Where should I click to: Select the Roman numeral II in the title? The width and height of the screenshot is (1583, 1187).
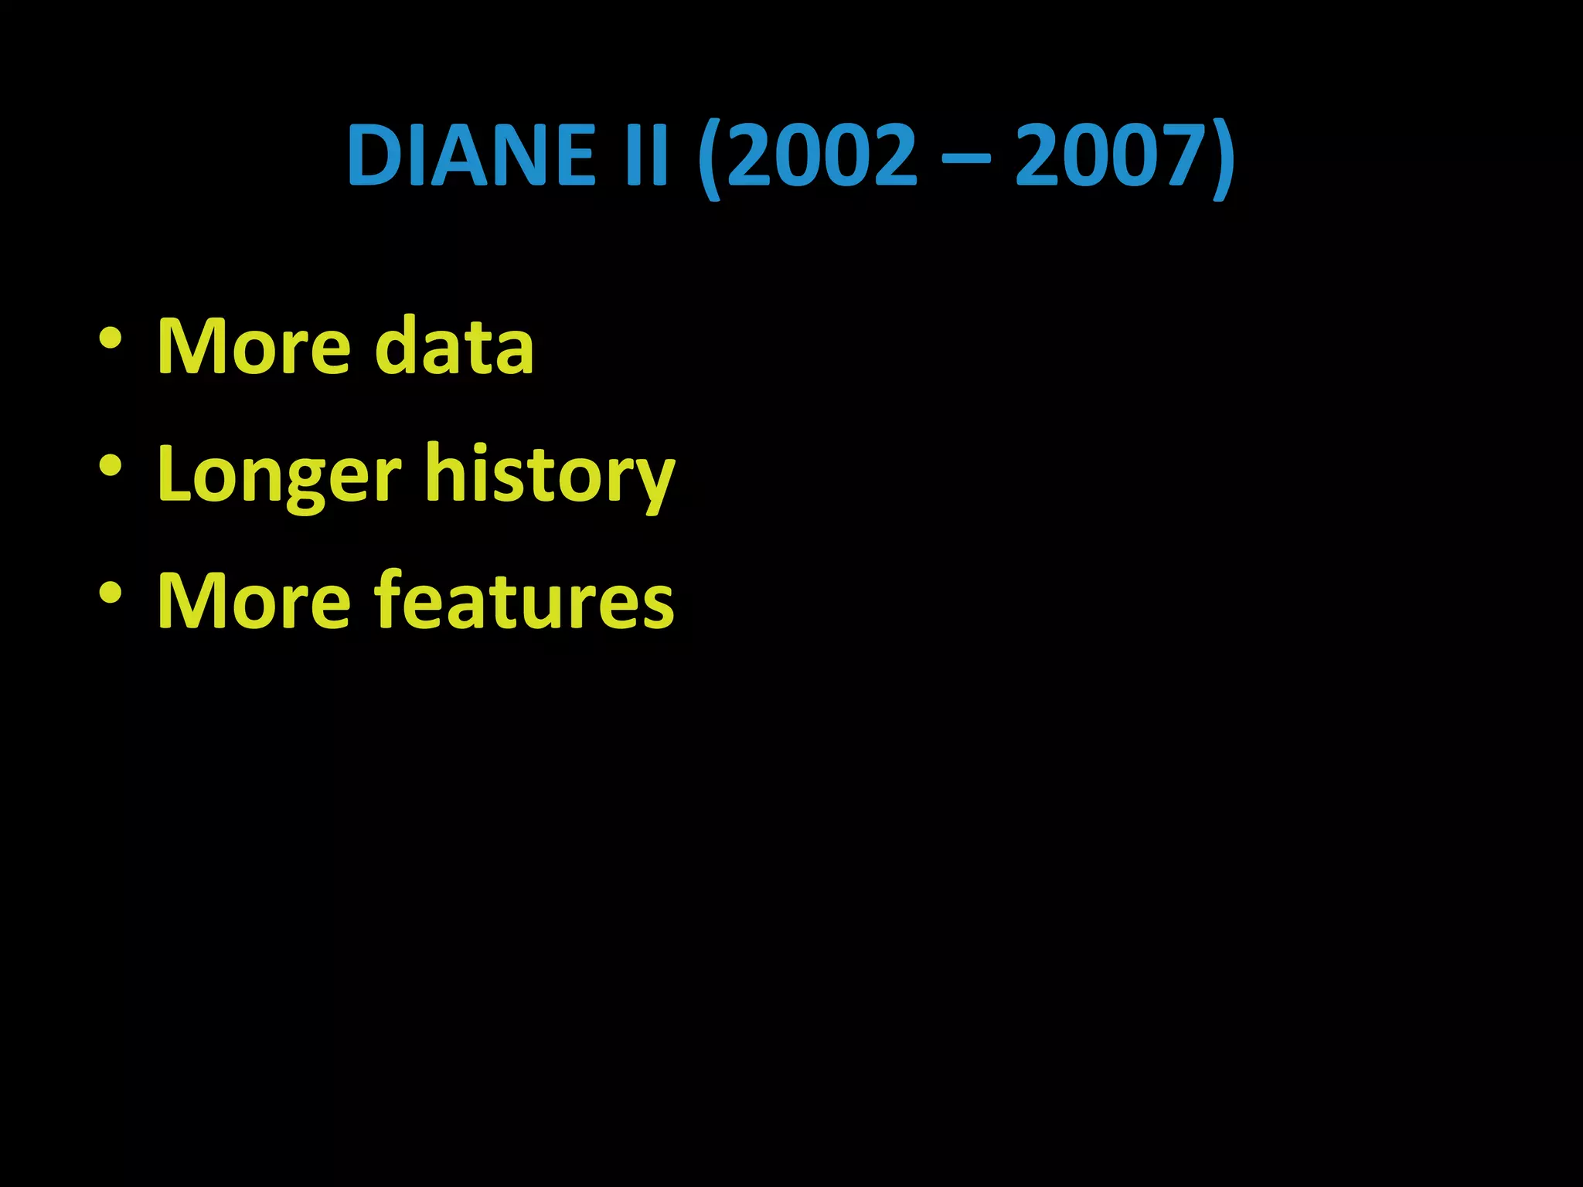[646, 155]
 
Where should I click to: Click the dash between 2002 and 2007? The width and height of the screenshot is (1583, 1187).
[966, 159]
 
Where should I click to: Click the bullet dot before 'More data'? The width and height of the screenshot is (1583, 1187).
[110, 339]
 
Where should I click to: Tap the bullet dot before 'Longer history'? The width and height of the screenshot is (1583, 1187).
[110, 466]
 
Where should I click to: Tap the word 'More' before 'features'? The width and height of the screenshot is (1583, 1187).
[254, 600]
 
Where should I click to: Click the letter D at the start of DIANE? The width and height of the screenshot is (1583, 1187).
[374, 155]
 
